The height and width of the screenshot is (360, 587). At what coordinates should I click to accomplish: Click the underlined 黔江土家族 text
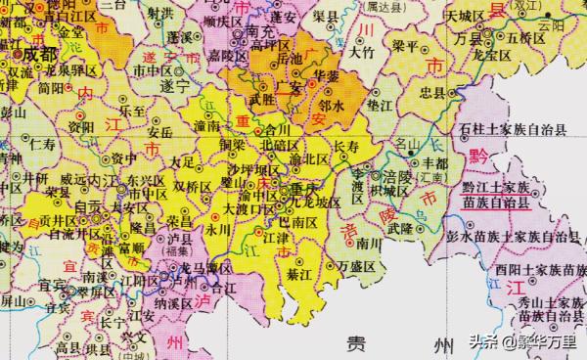tap(496, 186)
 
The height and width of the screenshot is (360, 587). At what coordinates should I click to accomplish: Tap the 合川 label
tap(278, 128)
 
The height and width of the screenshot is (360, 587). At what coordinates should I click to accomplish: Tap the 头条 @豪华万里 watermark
tap(524, 341)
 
